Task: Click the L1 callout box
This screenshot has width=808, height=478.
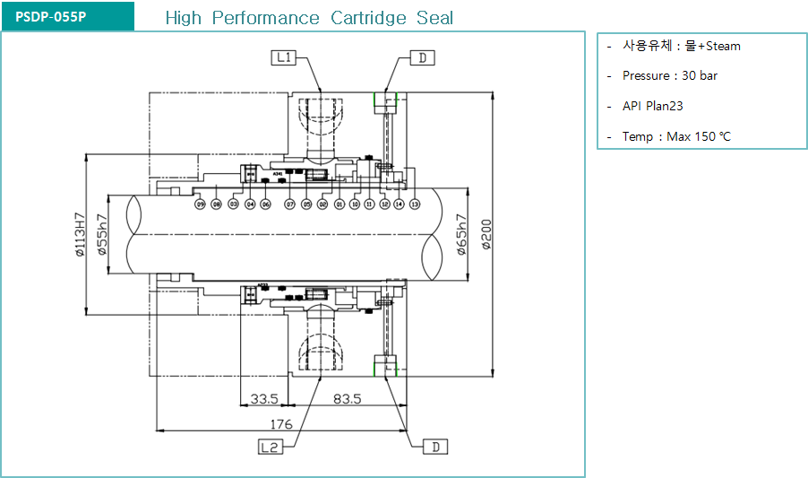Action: [x=284, y=58]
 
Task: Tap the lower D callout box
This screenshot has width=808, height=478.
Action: [x=434, y=447]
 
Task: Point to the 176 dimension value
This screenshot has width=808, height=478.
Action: [x=281, y=423]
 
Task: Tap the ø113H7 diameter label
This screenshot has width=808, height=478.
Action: [x=80, y=235]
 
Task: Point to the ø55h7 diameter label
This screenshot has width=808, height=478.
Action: [x=103, y=235]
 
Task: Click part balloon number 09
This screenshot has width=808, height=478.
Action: [x=201, y=204]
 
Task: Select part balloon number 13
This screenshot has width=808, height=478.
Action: [x=415, y=204]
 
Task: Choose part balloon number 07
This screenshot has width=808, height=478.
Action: [x=290, y=204]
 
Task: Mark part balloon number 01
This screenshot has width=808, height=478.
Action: [x=340, y=204]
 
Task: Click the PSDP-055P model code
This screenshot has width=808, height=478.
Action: [x=51, y=17]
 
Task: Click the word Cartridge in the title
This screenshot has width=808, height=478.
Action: [x=367, y=18]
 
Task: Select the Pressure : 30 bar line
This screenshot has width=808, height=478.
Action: [x=669, y=76]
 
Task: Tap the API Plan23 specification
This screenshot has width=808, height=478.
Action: [x=652, y=106]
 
